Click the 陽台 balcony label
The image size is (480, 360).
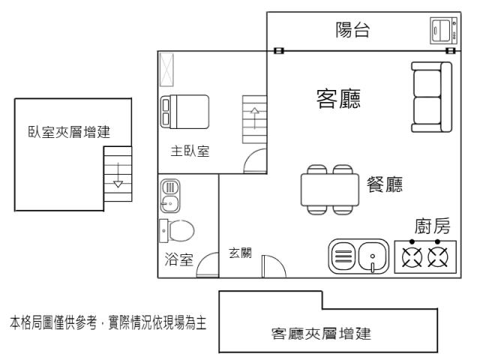(352, 30)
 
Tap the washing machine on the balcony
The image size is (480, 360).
(444, 30)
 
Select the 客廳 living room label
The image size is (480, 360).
(338, 98)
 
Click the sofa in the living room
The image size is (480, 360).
(431, 97)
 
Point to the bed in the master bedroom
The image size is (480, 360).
(184, 112)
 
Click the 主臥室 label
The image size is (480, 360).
(190, 151)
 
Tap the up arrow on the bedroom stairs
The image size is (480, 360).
(255, 118)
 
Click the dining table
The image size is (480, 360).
(330, 190)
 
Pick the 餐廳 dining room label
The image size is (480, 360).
(385, 184)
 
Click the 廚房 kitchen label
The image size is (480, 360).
(432, 226)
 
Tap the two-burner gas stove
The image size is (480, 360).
(425, 256)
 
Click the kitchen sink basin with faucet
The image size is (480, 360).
(372, 256)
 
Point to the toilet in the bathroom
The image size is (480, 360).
(177, 230)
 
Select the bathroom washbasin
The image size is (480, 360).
(170, 196)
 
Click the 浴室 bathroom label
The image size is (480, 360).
(178, 259)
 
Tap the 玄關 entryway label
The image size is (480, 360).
(240, 253)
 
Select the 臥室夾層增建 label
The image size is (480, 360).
(69, 132)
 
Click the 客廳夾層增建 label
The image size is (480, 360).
(321, 334)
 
